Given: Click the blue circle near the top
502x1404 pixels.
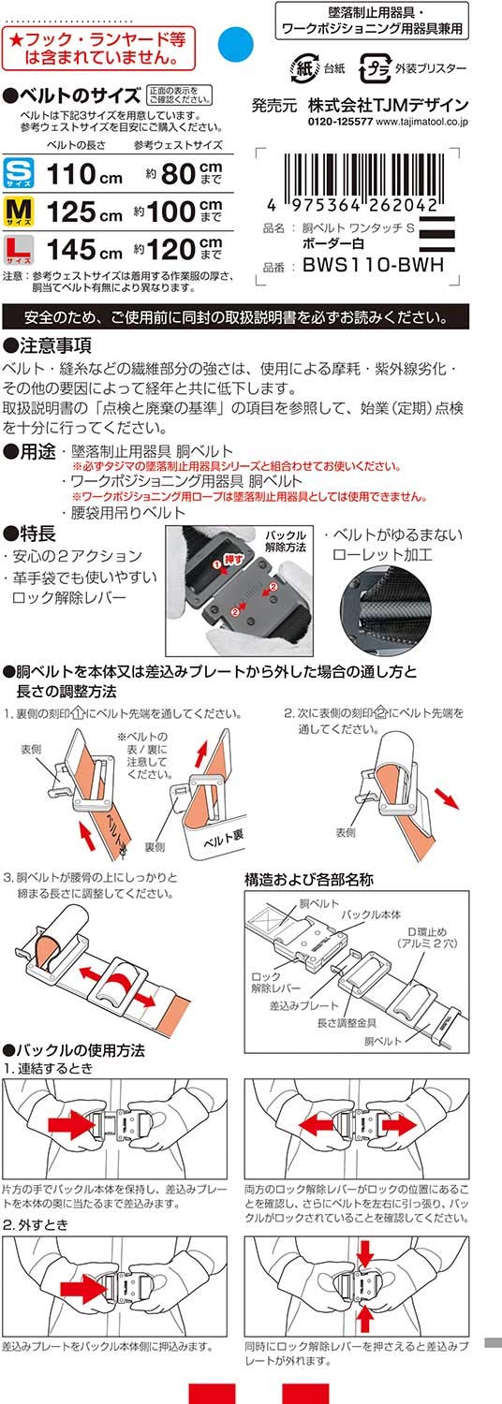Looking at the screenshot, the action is (x=235, y=43).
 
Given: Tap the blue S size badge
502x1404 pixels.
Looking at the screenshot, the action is (x=18, y=173).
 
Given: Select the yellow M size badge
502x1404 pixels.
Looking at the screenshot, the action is (x=18, y=212).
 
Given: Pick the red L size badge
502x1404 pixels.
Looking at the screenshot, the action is (x=18, y=250).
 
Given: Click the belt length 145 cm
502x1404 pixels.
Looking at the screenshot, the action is (x=84, y=250).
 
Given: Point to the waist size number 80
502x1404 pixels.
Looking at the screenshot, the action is (x=178, y=174).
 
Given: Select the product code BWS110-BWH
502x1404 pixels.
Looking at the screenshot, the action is (x=374, y=265).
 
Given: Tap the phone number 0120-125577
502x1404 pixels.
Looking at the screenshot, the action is (x=341, y=122).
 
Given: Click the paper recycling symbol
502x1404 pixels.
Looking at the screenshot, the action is (x=303, y=67).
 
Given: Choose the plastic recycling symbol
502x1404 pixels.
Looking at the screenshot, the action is (x=374, y=68).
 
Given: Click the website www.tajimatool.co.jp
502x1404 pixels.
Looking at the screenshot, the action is (x=422, y=122).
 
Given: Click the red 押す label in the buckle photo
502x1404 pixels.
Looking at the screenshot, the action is (x=233, y=559).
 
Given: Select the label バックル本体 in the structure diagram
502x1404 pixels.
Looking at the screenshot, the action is (x=371, y=914).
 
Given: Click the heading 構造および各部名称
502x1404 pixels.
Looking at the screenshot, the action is (x=309, y=880).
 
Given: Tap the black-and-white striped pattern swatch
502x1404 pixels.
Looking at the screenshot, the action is (x=436, y=234).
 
